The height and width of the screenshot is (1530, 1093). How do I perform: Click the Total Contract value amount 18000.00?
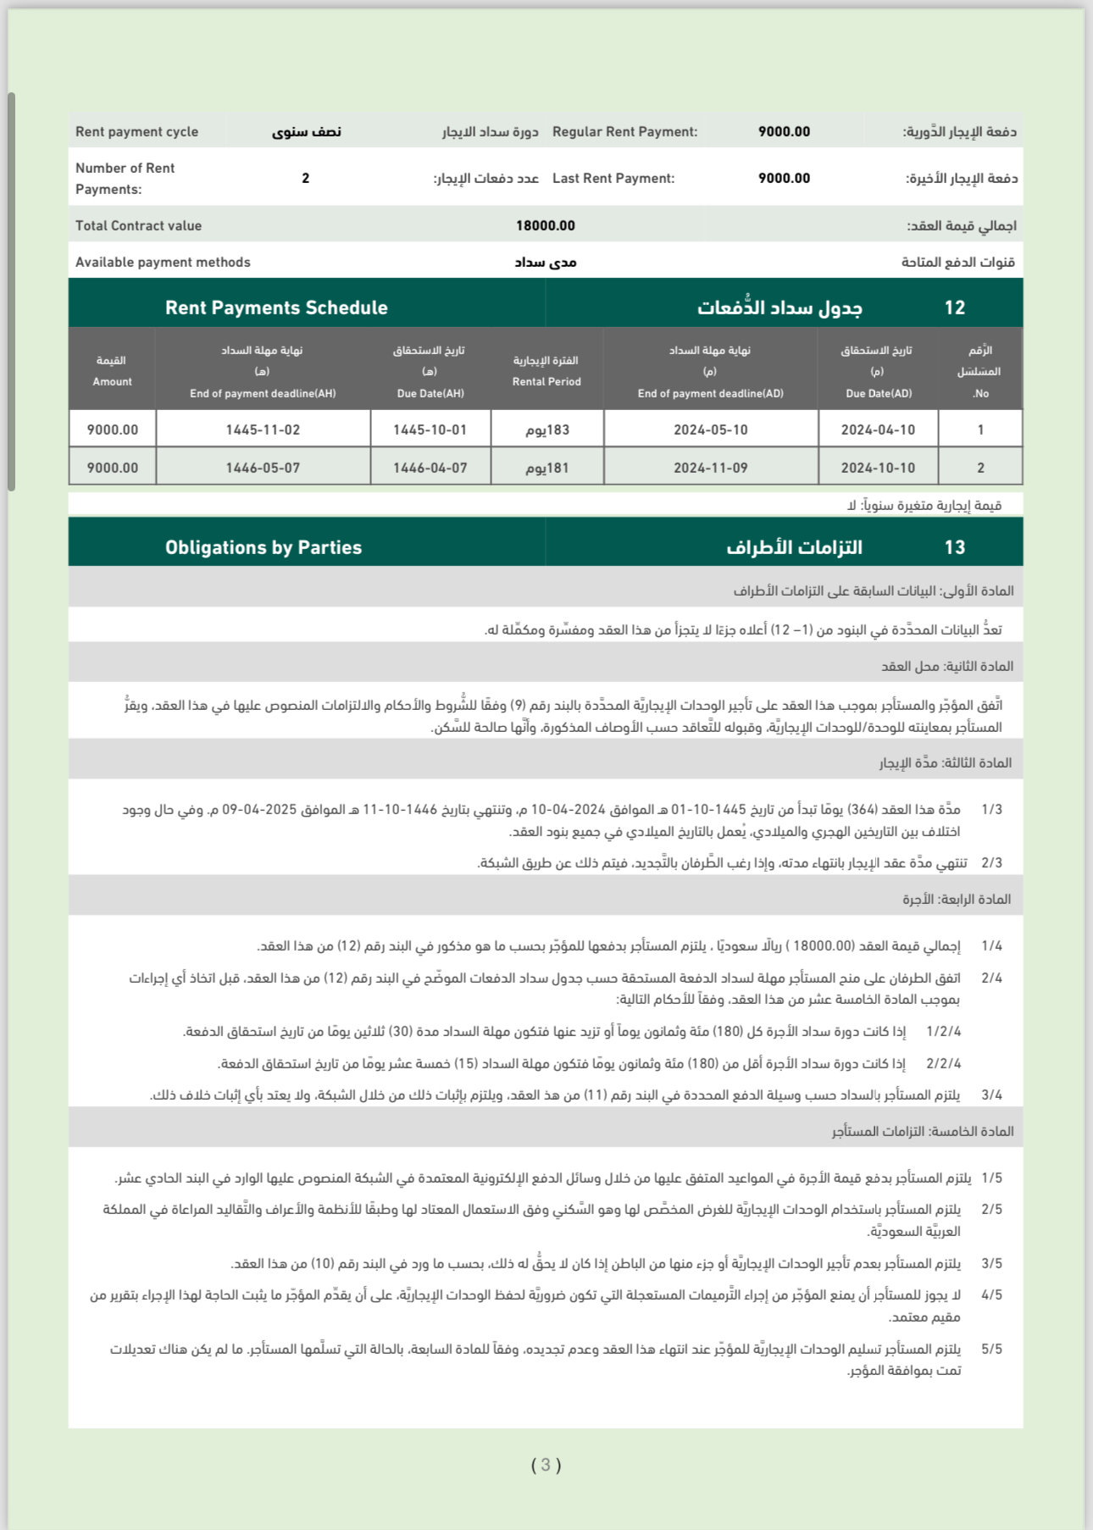[545, 225]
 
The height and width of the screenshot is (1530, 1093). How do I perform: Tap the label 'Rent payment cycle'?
[136, 131]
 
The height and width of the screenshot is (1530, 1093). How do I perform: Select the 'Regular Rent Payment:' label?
[624, 131]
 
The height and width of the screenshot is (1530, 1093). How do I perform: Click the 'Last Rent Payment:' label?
[613, 178]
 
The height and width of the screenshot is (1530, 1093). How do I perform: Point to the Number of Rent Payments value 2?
[306, 178]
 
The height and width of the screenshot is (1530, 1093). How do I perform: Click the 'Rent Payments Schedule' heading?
[276, 308]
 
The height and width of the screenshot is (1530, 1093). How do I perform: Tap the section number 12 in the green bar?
[955, 308]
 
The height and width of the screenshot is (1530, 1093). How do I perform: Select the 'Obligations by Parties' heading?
[264, 547]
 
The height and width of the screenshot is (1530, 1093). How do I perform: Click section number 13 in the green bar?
[955, 547]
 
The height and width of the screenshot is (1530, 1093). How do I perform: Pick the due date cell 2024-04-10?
[878, 430]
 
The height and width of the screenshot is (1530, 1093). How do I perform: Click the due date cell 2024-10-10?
[878, 468]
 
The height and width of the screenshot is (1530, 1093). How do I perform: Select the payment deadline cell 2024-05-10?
[710, 430]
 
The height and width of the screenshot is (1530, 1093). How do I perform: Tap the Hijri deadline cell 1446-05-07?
[263, 468]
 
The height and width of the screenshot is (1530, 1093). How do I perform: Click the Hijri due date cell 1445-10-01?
[430, 430]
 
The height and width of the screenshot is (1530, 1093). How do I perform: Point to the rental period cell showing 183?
[547, 430]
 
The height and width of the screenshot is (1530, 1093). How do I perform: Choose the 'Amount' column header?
[112, 371]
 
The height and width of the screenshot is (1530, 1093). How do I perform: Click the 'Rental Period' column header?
[546, 371]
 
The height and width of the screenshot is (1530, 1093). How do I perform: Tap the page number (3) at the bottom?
[546, 1465]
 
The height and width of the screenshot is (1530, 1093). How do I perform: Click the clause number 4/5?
[991, 1294]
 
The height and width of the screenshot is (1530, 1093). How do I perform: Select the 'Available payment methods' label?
[163, 262]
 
